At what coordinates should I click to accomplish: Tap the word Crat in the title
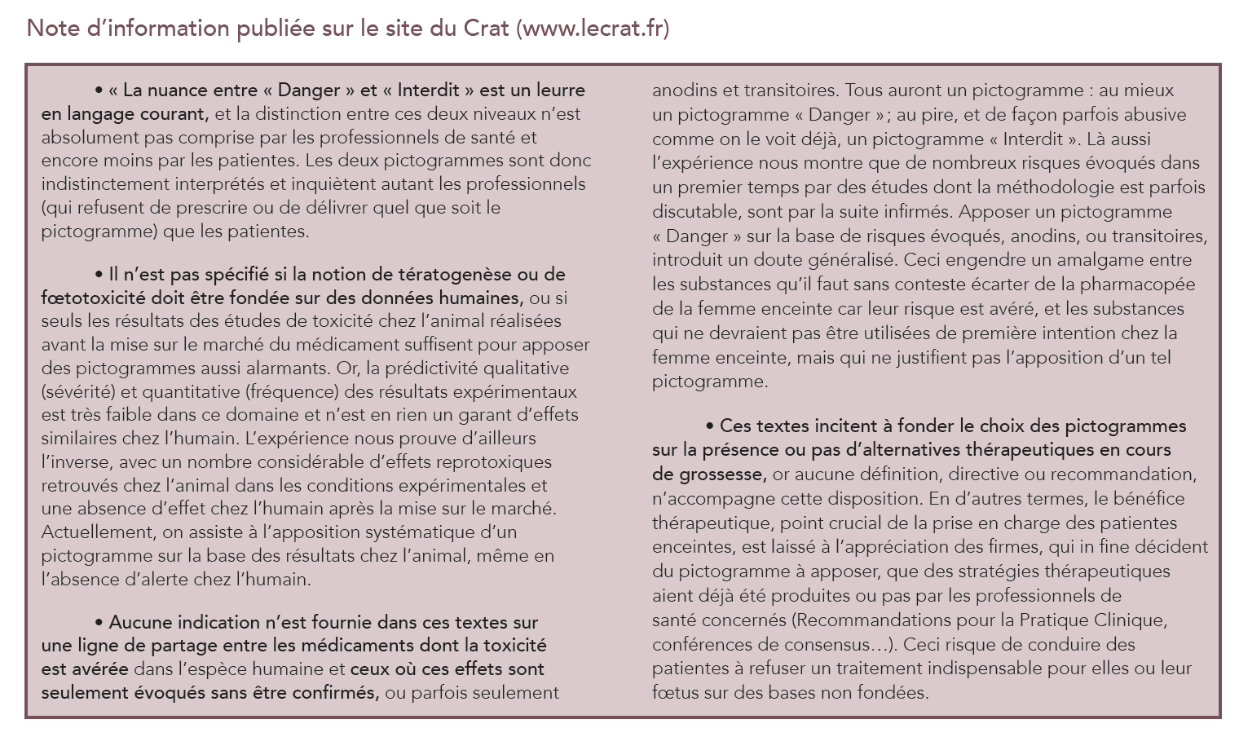487,29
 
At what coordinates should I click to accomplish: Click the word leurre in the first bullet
557,90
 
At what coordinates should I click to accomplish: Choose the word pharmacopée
1138,285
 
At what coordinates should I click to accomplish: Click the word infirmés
915,212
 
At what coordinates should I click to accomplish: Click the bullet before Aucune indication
99,623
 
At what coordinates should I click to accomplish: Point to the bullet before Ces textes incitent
710,426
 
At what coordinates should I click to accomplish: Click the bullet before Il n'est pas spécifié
99,275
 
